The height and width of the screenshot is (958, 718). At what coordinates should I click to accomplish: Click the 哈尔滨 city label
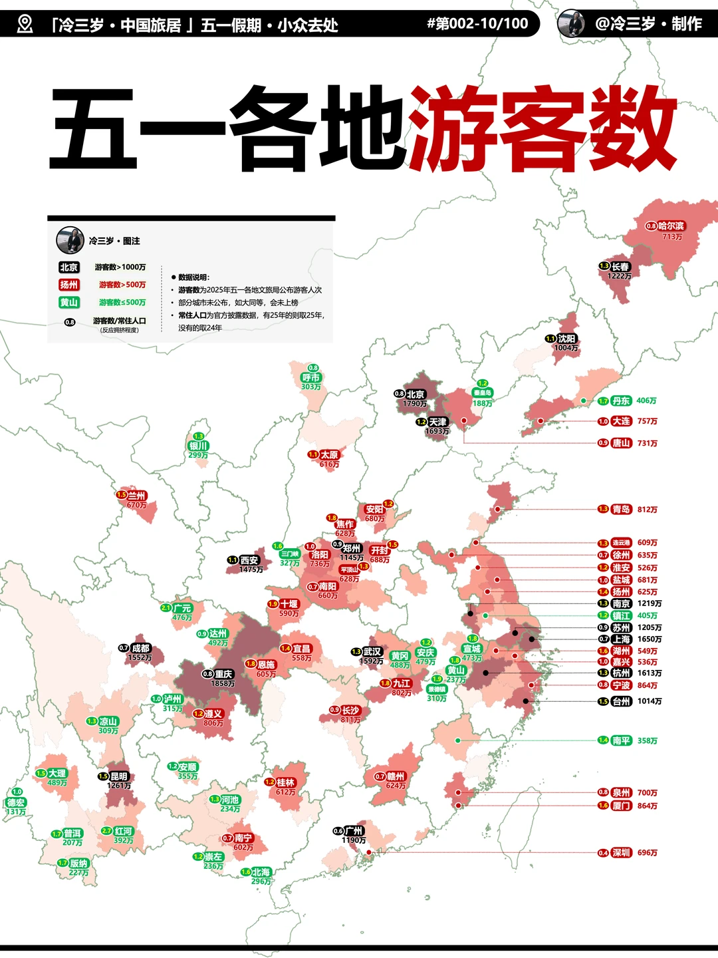coord(671,226)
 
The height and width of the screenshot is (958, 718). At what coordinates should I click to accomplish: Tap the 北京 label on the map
coord(416,395)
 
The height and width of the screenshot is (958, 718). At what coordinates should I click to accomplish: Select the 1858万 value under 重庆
coord(223,684)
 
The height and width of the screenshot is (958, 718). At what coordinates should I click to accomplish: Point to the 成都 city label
coord(140,648)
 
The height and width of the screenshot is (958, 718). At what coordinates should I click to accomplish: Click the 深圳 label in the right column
coord(621,853)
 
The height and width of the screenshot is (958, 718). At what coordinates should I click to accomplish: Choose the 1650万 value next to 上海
coord(650,639)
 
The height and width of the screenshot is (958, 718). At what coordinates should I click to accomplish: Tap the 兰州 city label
coord(136,496)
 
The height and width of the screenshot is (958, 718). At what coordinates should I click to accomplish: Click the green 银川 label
coord(199,446)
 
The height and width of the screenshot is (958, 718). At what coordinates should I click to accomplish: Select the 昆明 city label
coord(119,776)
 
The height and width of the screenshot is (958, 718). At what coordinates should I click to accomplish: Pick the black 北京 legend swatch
coord(69,267)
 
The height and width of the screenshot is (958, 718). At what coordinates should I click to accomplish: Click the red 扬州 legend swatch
coord(69,285)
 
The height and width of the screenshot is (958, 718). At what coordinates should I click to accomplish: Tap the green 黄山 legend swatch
coord(69,303)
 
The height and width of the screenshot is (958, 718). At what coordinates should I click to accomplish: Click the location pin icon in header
coord(25,25)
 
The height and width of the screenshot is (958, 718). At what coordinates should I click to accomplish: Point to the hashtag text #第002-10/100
coord(477,24)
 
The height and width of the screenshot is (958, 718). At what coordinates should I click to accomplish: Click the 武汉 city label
coord(372,652)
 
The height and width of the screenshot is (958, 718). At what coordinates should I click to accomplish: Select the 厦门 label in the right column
coord(621,806)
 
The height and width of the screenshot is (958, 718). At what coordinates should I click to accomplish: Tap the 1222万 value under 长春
coord(619,276)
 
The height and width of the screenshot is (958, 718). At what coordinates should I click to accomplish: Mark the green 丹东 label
coord(621,401)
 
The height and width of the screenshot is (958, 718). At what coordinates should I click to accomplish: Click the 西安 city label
coord(249,561)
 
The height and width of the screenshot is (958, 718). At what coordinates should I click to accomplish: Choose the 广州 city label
coord(354,831)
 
